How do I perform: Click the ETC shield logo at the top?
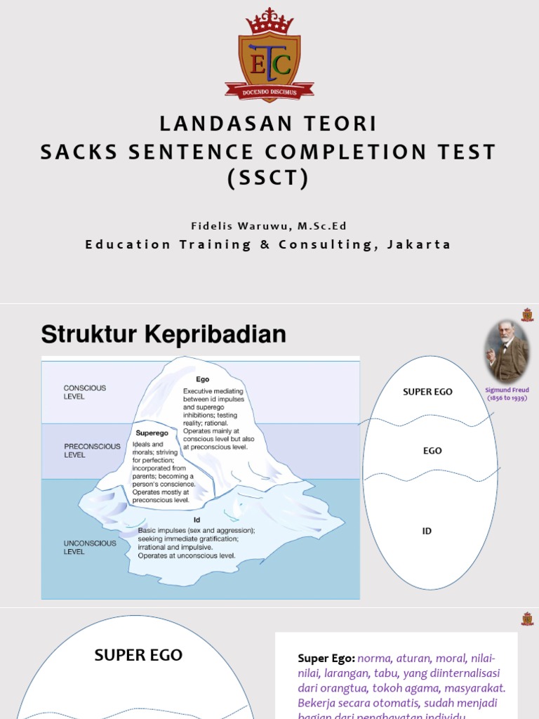pyautogui.click(x=269, y=64)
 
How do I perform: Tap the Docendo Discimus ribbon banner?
pyautogui.click(x=269, y=91)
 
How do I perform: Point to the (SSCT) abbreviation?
pyautogui.click(x=269, y=178)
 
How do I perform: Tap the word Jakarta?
pyautogui.click(x=419, y=244)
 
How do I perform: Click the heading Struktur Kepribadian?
pyautogui.click(x=164, y=334)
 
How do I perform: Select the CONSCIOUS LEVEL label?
pyautogui.click(x=84, y=392)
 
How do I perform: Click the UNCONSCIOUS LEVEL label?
pyautogui.click(x=90, y=547)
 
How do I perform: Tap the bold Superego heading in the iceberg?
pyautogui.click(x=151, y=433)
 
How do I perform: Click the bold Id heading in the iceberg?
pyautogui.click(x=197, y=520)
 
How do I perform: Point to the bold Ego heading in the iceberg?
pyautogui.click(x=202, y=379)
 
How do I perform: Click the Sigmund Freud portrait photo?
pyautogui.click(x=507, y=351)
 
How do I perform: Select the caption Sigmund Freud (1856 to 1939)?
pyautogui.click(x=507, y=393)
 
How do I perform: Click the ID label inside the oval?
pyautogui.click(x=427, y=531)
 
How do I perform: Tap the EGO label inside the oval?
pyautogui.click(x=432, y=451)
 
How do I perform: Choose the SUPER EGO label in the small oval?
pyautogui.click(x=427, y=392)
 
